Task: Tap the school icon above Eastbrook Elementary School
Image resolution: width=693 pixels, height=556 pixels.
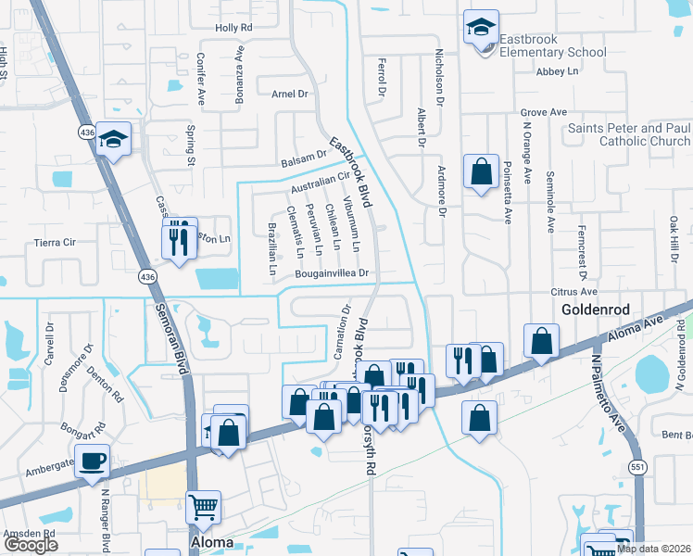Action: [481, 28]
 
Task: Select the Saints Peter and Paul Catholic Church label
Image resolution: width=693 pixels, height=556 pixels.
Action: [629, 134]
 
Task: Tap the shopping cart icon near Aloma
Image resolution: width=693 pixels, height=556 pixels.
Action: [204, 508]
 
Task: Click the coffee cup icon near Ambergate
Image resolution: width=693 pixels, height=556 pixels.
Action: [92, 462]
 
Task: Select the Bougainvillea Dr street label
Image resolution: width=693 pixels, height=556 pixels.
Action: [333, 274]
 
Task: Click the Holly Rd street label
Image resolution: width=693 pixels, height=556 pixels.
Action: [233, 28]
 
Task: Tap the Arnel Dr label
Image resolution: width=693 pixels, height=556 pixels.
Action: [289, 95]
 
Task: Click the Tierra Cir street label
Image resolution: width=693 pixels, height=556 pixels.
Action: [55, 242]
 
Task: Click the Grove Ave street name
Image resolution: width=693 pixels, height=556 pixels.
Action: [543, 112]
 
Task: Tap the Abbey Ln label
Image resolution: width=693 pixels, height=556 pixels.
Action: [557, 70]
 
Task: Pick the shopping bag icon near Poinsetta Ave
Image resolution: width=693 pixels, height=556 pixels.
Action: [481, 171]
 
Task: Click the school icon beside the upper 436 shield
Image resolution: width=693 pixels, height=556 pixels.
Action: [113, 140]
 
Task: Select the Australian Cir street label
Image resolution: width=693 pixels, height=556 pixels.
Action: [319, 183]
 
